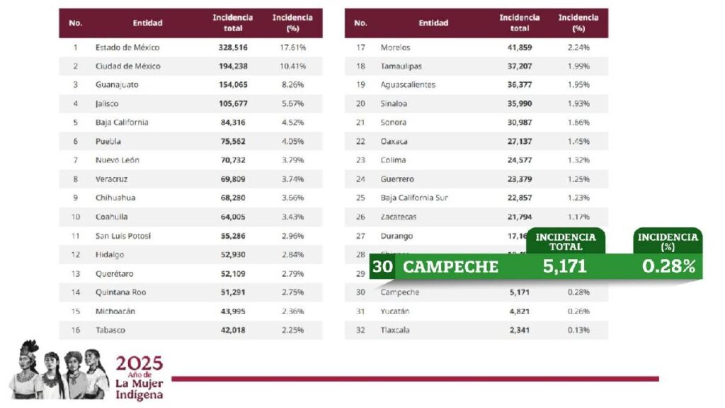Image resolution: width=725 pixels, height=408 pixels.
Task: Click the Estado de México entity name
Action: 127,47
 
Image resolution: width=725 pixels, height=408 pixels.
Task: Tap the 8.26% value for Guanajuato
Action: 292,85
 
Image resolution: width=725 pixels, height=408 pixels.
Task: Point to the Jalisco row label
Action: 107,103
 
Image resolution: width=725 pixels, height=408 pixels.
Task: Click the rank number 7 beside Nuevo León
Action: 75,160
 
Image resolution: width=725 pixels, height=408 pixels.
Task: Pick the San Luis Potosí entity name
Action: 123,236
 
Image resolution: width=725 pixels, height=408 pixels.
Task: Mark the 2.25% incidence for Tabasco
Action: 292,330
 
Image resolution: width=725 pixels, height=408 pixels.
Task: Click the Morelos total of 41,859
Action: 520,47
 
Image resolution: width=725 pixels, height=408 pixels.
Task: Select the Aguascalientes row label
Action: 408,85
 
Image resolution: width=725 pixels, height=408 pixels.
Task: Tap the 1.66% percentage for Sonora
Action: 578,123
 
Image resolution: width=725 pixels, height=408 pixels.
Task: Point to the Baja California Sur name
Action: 414,198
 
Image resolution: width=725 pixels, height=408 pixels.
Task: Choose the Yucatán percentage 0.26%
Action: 578,311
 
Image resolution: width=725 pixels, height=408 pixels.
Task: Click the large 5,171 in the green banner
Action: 565,267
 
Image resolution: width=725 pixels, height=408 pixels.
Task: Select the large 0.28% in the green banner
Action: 668,267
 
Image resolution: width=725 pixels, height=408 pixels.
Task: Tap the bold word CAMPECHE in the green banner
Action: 450,267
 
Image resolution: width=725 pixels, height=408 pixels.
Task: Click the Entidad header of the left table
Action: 147,23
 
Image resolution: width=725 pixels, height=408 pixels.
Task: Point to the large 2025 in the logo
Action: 139,363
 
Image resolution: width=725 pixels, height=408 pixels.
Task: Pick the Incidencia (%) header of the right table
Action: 578,23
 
